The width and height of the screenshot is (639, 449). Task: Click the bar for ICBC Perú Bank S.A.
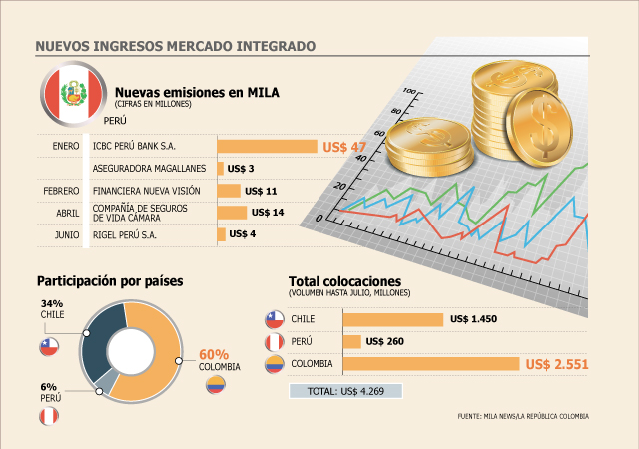(267, 146)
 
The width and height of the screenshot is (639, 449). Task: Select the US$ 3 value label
(241, 169)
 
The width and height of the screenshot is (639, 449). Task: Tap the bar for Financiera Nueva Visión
(229, 191)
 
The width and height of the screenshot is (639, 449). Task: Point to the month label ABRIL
(68, 213)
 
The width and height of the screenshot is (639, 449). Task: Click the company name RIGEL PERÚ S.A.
(124, 235)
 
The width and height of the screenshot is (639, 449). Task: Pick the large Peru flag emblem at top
(73, 94)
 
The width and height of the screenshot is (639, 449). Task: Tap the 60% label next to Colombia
(214, 354)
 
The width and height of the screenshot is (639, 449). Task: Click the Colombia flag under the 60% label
(216, 384)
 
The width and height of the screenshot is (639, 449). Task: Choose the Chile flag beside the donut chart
(49, 347)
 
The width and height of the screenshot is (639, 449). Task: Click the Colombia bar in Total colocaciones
(431, 364)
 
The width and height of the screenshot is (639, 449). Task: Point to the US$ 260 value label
(385, 341)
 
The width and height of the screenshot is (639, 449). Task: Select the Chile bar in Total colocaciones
(393, 319)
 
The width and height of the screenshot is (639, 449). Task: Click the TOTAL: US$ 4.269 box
(345, 391)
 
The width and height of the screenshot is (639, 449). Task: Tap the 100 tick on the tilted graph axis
(409, 91)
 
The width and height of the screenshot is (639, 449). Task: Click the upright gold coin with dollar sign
(539, 128)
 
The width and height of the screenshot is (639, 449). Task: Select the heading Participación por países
(110, 281)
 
